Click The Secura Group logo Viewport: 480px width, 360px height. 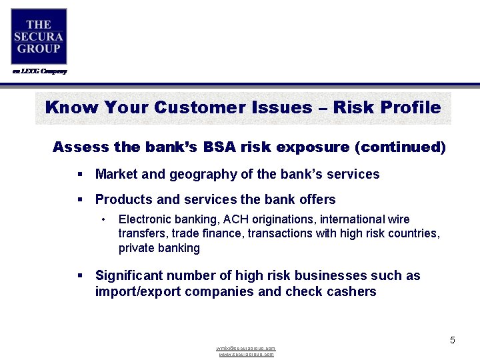pyautogui.click(x=39, y=36)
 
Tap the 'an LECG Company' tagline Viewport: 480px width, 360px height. pyautogui.click(x=39, y=71)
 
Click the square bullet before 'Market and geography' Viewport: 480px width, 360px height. pyautogui.click(x=80, y=175)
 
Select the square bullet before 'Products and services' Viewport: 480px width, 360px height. pyautogui.click(x=80, y=200)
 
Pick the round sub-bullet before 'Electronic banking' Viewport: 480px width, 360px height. pyautogui.click(x=103, y=219)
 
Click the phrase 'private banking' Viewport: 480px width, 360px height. pyautogui.click(x=159, y=248)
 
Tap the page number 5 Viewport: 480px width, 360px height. pyautogui.click(x=452, y=341)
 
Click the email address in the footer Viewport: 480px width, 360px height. pyautogui.click(x=246, y=349)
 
